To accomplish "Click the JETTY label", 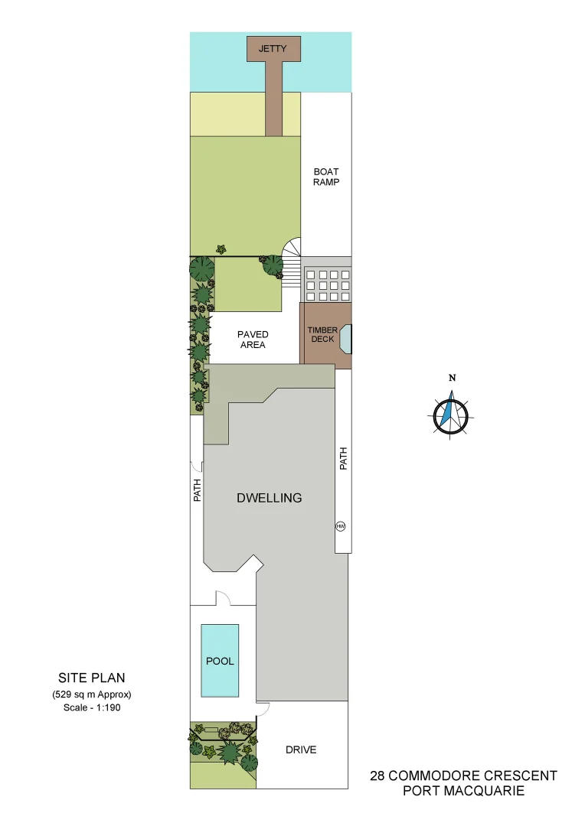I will pos(273,49).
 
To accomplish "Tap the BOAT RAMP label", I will pos(325,177).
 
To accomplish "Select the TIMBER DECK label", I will pos(322,335).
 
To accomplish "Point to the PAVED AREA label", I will pos(252,340).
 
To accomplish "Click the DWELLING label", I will pos(269,498).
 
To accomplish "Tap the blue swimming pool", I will pos(220,661).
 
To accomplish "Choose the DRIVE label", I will pos(301,750).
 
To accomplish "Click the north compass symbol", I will pos(452,414).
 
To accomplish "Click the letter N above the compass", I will pos(453,378).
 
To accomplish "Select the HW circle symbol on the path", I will pos(340,526).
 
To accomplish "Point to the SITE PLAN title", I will pos(92,678).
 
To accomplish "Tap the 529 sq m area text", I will pos(92,694).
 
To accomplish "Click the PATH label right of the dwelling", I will pos(343,458).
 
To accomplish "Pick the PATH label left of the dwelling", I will pos(197,490).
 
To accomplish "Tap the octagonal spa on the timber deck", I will pos(344,339).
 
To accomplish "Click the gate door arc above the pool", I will pos(223,597).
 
